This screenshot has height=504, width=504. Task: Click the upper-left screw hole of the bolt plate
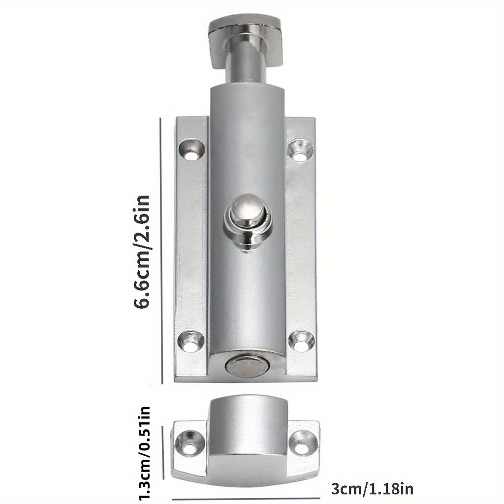point(191,150)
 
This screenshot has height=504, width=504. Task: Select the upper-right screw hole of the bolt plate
point(300,150)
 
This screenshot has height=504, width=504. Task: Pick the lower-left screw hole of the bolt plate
point(191,342)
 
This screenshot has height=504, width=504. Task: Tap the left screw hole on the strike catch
point(191,442)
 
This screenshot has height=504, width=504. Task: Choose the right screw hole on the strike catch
point(303,442)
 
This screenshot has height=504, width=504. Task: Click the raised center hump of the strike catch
point(248,434)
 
